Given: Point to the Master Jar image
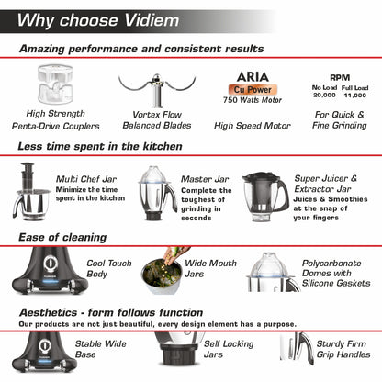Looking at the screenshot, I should click(158, 193).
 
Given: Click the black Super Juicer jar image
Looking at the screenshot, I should click(264, 196).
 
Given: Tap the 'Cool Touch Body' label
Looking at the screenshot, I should click(108, 268).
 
